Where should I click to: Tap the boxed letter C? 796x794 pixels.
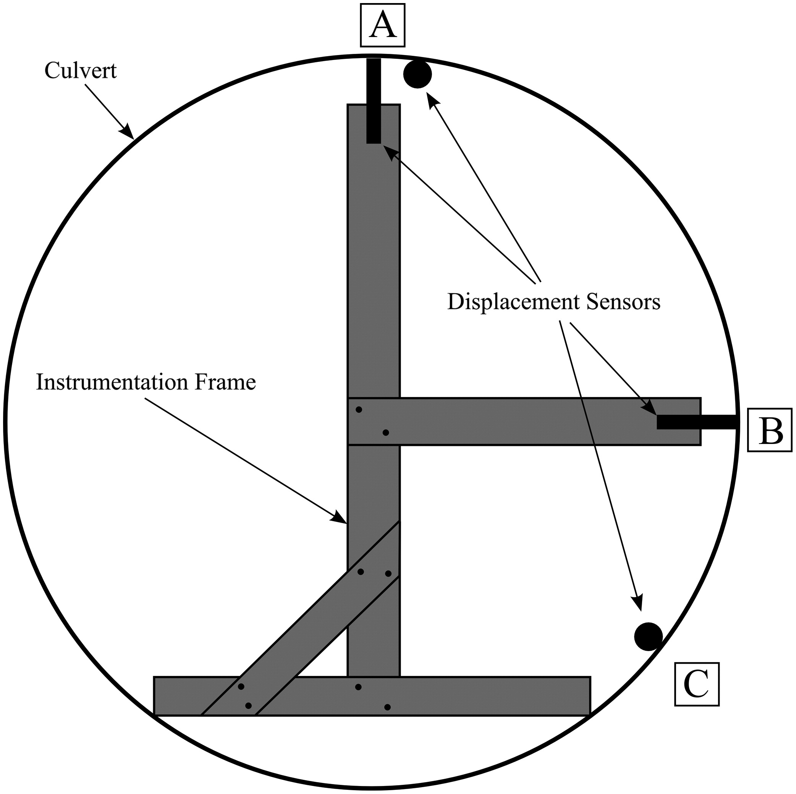696,684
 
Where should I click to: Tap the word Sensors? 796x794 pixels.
623,302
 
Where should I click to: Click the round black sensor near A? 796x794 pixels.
417,74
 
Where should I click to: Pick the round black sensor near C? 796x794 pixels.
648,636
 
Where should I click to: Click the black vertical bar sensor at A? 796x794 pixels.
374,101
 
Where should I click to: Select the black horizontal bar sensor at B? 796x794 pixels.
696,422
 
